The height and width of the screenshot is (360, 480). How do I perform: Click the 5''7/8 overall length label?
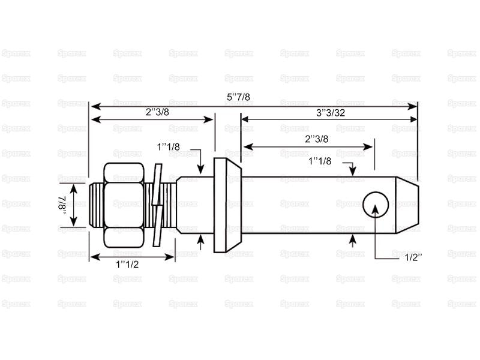tap(238, 97)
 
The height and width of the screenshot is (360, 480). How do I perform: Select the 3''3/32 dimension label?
tap(331, 113)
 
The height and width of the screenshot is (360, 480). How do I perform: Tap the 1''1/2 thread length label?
tap(127, 264)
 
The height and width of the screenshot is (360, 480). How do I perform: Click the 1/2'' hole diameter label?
tap(413, 257)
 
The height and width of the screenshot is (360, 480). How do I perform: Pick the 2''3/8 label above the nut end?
tap(157, 112)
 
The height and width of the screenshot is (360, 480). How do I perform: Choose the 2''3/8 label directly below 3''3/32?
tap(317, 139)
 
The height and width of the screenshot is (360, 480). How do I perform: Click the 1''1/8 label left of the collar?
tap(169, 147)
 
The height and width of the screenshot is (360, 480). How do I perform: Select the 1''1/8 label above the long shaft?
tap(320, 161)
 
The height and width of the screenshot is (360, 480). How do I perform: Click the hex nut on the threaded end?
tap(124, 205)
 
